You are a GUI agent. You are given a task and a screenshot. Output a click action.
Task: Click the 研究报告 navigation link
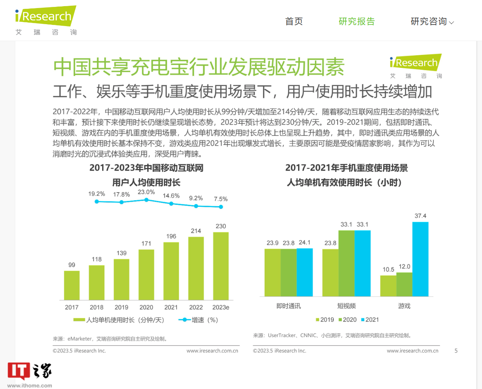click(x=356, y=21)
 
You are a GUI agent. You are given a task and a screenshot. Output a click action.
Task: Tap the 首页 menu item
click(x=294, y=21)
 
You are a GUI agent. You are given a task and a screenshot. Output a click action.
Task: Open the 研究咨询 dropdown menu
click(x=432, y=21)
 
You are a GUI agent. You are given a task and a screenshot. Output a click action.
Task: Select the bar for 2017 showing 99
click(x=72, y=285)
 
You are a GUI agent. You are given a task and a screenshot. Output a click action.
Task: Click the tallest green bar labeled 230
click(x=221, y=266)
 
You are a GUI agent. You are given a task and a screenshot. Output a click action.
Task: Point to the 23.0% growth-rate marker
click(x=146, y=200)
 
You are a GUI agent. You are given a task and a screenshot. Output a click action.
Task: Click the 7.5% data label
click(x=221, y=199)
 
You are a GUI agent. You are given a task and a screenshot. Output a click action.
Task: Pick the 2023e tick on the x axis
click(x=221, y=307)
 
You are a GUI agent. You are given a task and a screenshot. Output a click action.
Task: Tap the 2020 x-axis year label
click(x=146, y=307)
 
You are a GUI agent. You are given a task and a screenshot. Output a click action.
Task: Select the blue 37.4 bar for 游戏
click(x=420, y=259)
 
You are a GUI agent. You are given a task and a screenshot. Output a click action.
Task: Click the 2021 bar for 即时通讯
click(x=305, y=272)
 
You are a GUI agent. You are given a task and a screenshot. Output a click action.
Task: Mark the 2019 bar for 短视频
click(x=330, y=273)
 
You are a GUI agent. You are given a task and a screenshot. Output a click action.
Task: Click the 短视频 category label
click(x=346, y=306)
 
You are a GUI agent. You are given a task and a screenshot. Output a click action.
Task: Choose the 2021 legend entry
click(x=370, y=320)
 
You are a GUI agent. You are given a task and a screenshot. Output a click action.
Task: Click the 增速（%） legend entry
click(x=199, y=320)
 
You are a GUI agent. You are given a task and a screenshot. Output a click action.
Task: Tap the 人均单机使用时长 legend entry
click(x=119, y=320)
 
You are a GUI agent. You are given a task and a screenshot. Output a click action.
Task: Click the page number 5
click(x=456, y=351)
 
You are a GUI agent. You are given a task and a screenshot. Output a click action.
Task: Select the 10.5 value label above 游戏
click(x=388, y=269)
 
